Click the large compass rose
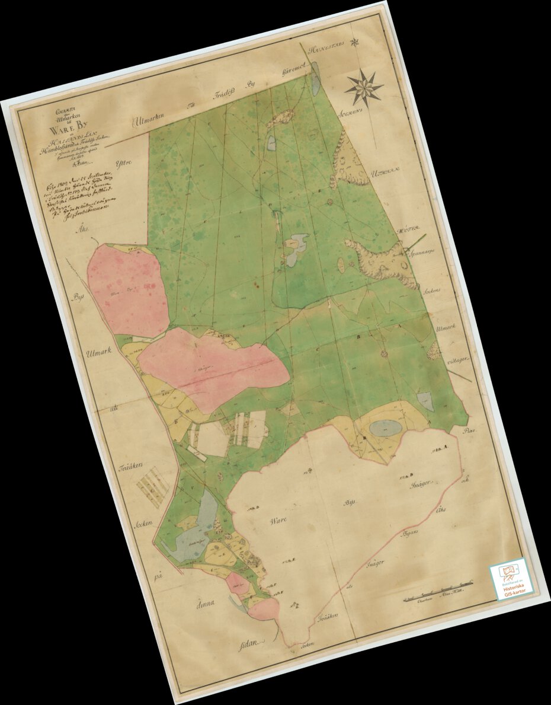364,88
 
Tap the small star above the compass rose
354,42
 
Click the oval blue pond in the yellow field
385,427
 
